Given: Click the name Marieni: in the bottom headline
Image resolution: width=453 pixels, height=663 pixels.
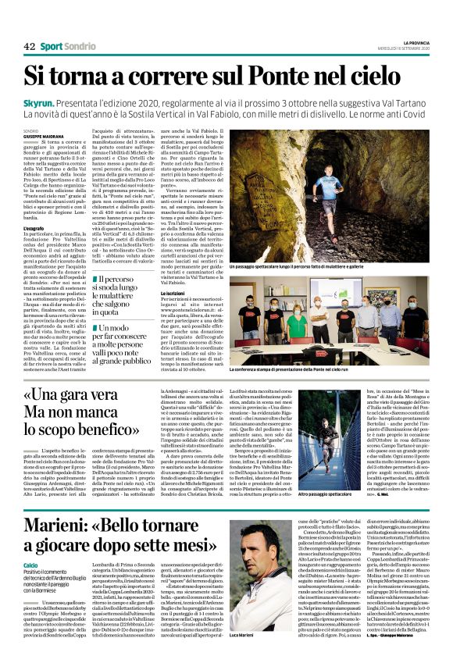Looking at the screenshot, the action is (x=61, y=529).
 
